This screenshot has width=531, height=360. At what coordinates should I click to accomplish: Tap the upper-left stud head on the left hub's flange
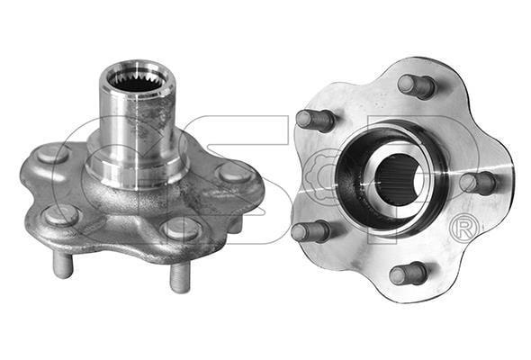click(53, 154)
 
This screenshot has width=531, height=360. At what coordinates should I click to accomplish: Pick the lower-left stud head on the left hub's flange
click(61, 216)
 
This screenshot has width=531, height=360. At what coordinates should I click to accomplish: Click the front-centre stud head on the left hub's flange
click(182, 229)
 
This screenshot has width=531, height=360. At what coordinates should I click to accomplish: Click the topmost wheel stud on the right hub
click(416, 86)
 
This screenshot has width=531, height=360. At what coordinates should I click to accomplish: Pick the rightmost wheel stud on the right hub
click(477, 184)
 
